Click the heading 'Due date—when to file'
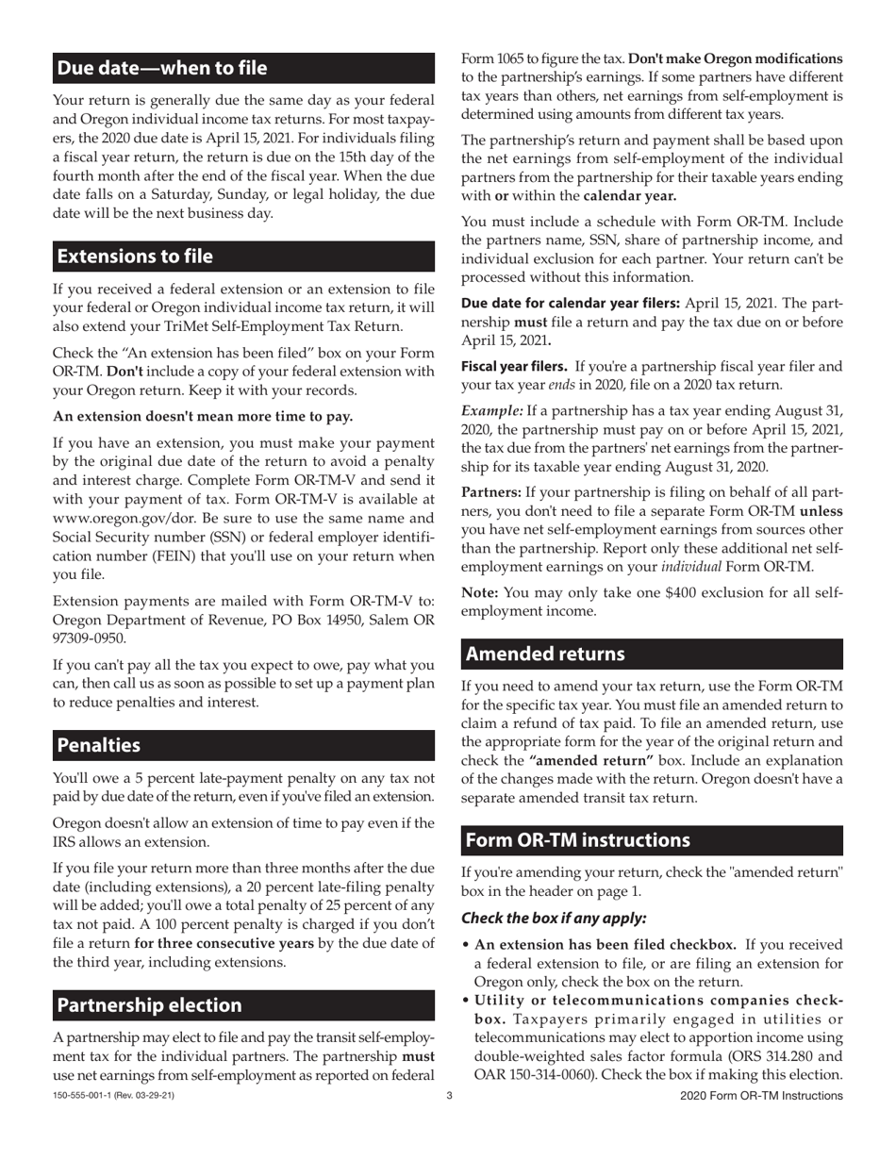click(162, 68)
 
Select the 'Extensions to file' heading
click(135, 257)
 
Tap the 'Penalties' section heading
click(99, 745)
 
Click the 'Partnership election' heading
click(150, 1005)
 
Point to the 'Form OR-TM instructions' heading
click(578, 840)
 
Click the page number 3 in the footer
click(449, 1096)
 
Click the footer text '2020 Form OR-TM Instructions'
click(761, 1096)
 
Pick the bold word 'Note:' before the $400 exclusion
click(480, 592)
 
